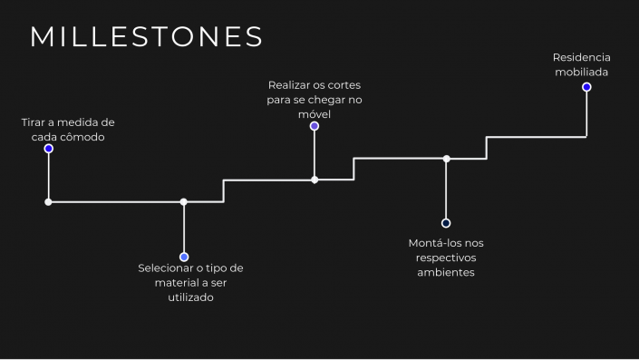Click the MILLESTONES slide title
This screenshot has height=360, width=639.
147,36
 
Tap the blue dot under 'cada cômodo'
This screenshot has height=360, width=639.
49,149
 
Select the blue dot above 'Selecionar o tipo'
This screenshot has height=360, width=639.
184,257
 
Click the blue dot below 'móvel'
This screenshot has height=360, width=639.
315,126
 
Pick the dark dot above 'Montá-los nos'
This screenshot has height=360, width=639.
446,223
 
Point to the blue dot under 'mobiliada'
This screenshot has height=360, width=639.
586,87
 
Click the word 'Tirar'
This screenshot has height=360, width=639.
35,122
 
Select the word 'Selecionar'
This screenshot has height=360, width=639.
167,268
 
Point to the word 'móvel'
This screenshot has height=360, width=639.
315,114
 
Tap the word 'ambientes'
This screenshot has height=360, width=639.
446,272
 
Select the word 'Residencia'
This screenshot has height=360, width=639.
582,57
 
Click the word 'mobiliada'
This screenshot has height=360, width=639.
582,72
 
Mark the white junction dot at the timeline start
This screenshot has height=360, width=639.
49,202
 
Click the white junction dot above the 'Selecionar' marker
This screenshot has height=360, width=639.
184,202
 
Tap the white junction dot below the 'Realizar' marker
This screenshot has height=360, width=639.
315,180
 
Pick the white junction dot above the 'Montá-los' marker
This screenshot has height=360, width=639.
446,159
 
